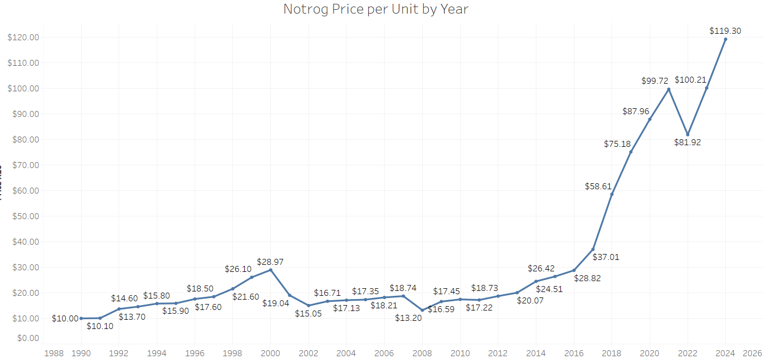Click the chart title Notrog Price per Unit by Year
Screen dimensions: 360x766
(x=375, y=9)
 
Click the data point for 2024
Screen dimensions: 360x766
(x=725, y=39)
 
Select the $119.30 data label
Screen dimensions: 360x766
(x=725, y=31)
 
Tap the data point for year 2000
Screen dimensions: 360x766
(x=270, y=270)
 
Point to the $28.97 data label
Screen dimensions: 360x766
(x=270, y=262)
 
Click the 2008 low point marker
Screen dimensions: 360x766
(x=422, y=310)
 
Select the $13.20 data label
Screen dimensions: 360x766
(x=409, y=318)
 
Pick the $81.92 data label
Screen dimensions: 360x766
(x=687, y=142)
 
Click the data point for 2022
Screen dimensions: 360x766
(x=688, y=134)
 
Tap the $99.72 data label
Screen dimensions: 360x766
(x=654, y=80)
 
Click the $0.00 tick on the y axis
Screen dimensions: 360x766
(x=26, y=338)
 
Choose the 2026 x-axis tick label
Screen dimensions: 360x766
(x=751, y=352)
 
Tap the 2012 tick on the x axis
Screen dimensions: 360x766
(x=498, y=352)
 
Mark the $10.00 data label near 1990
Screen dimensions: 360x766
(x=65, y=319)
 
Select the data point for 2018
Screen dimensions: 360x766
(x=611, y=194)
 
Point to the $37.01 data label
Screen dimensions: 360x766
(x=606, y=257)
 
